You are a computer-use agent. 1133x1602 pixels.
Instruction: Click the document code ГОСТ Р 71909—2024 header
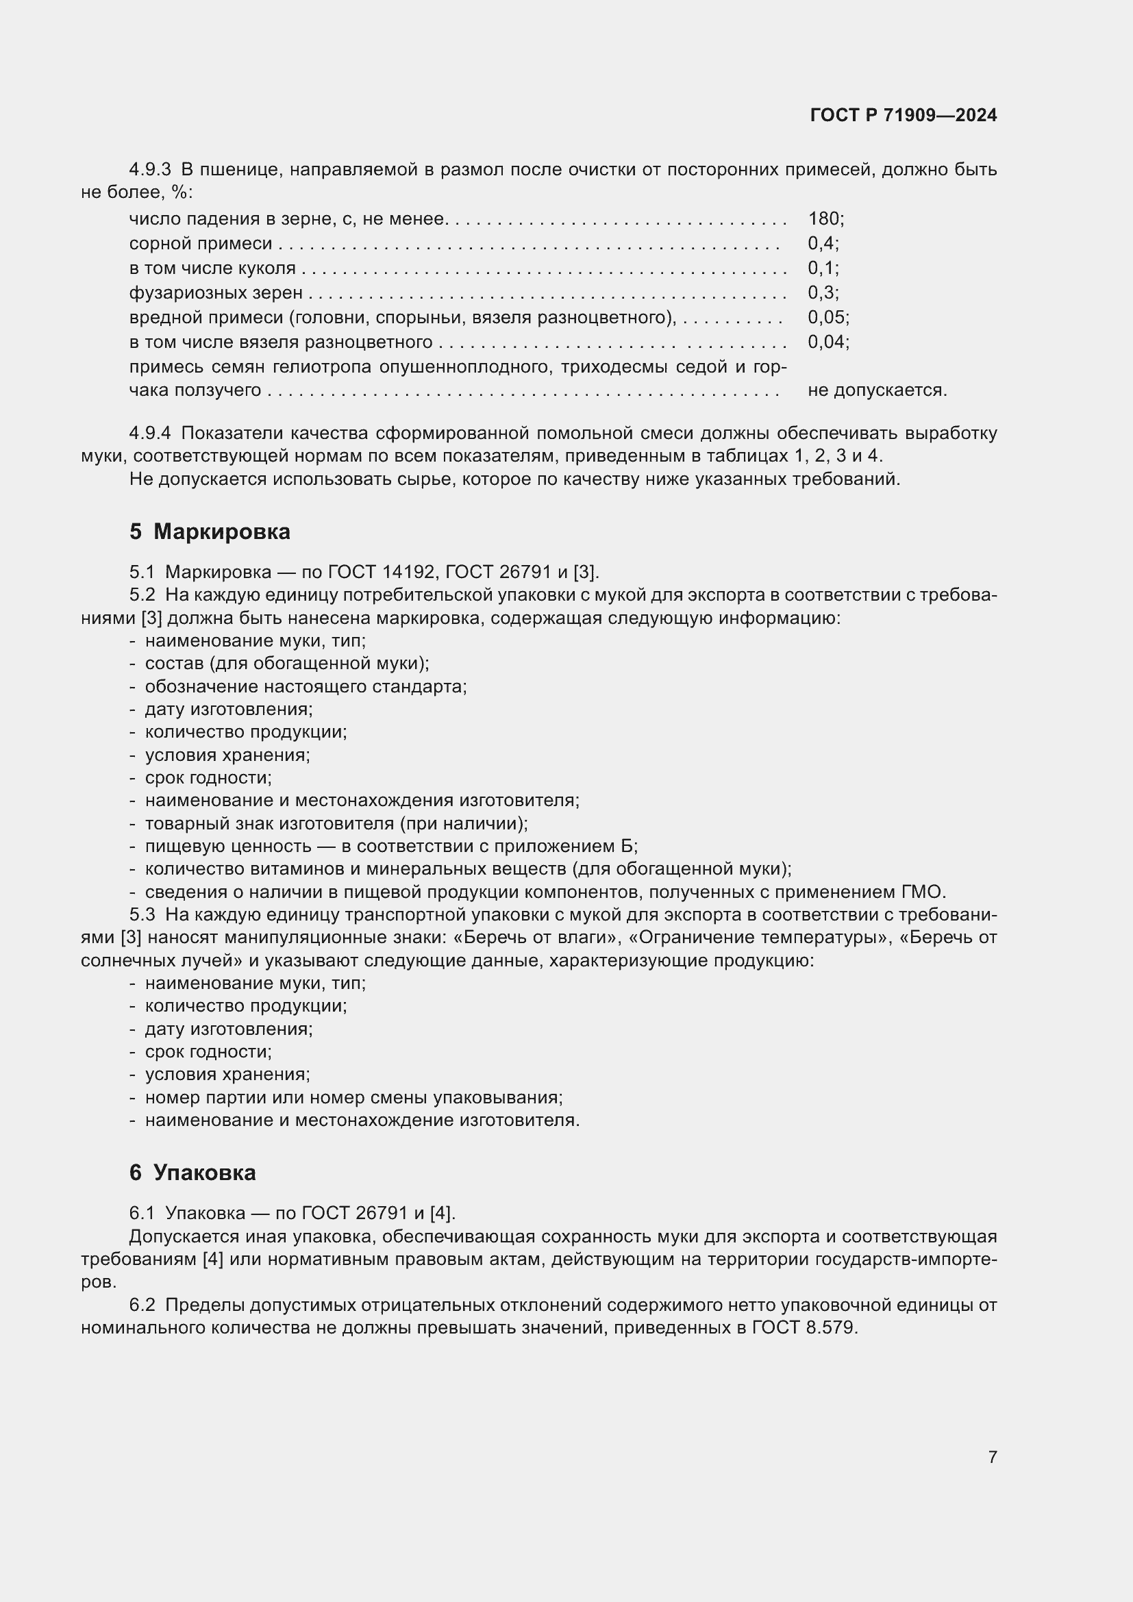click(x=903, y=115)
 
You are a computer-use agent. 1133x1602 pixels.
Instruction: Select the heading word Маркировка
click(x=221, y=531)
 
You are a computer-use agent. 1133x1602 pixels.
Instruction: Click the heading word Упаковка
click(x=203, y=1173)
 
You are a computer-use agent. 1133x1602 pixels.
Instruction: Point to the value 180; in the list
click(x=825, y=219)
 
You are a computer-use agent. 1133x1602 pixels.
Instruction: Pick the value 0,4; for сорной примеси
click(x=823, y=244)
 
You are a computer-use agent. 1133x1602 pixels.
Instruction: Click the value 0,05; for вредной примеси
click(x=828, y=318)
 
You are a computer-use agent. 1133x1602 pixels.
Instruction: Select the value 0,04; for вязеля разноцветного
click(x=828, y=342)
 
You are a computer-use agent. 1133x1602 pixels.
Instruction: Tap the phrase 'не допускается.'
click(x=877, y=390)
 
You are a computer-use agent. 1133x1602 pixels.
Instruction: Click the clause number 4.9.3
click(x=149, y=170)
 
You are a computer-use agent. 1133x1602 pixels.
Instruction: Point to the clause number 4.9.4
click(x=149, y=434)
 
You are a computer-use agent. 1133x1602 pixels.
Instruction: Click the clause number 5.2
click(x=142, y=595)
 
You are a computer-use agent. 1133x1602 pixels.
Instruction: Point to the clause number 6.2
click(x=142, y=1305)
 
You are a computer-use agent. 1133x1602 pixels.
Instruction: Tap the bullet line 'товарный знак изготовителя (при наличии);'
click(x=336, y=823)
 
